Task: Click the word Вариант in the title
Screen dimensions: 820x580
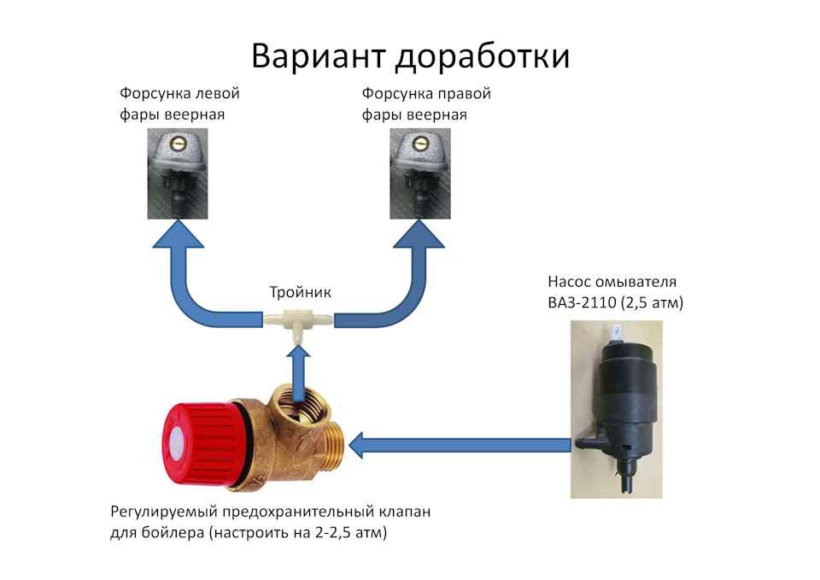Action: (319, 56)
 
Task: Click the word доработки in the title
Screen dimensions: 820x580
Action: (482, 56)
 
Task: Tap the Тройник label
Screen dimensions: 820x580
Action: (300, 292)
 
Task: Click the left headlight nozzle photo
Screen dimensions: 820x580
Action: (178, 173)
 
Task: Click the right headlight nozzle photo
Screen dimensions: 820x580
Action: (420, 173)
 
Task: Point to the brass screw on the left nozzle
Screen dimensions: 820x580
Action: (179, 142)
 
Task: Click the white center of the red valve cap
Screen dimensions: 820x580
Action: (177, 446)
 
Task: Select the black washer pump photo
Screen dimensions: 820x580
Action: (617, 409)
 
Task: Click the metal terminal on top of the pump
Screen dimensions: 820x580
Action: (617, 333)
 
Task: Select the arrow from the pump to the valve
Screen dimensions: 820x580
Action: (460, 446)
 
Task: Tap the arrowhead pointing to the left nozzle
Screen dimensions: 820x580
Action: (179, 233)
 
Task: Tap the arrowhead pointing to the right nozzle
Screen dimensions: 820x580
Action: (419, 233)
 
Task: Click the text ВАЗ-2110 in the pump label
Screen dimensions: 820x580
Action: (582, 303)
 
